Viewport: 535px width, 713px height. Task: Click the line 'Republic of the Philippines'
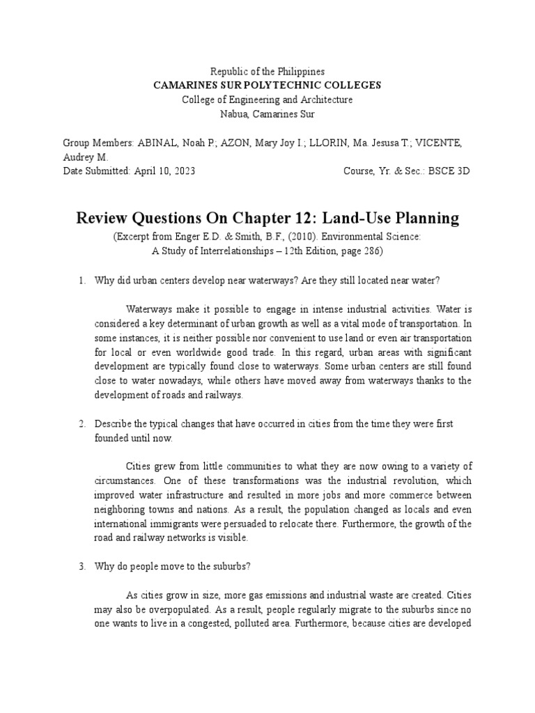coord(267,72)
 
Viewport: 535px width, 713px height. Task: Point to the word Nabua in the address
coord(233,113)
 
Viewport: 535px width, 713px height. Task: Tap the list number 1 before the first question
coord(81,280)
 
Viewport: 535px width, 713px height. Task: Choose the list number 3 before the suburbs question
coord(81,567)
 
